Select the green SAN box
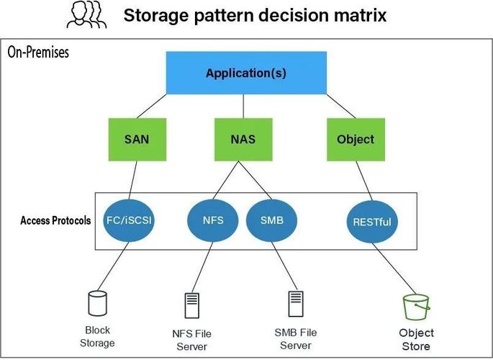pos(137,138)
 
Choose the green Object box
pos(356,138)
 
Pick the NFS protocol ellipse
pos(212,221)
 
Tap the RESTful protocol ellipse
pos(372,221)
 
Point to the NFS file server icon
pos(191,305)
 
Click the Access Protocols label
pos(55,220)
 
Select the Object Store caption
pos(417,339)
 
